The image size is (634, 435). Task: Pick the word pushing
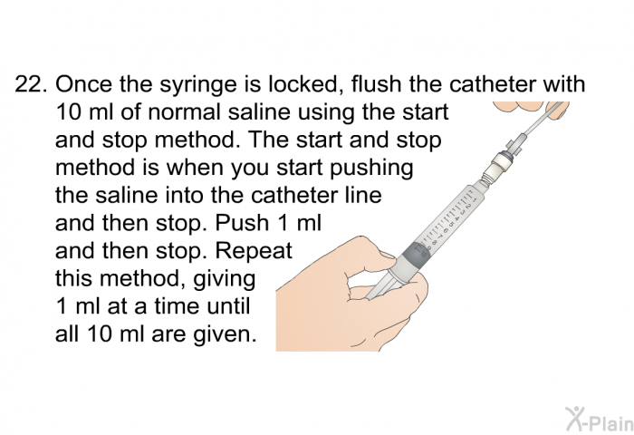[371, 169]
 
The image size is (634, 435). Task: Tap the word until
[228, 305]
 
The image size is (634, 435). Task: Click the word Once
[83, 84]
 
